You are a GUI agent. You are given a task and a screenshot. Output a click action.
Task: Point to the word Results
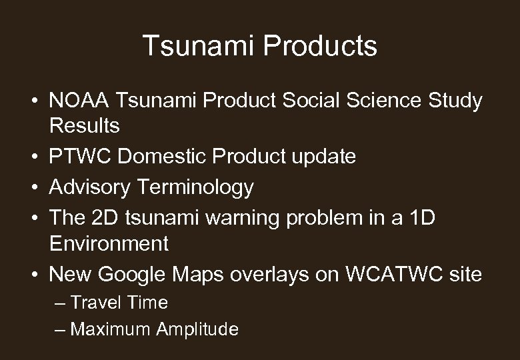(x=84, y=125)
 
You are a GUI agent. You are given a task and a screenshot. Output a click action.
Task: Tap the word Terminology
(x=195, y=187)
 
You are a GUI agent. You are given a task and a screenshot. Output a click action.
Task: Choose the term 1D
(x=419, y=219)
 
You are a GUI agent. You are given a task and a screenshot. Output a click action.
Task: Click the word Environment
(x=109, y=243)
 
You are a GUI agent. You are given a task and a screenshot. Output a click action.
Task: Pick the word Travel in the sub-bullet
(x=95, y=303)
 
